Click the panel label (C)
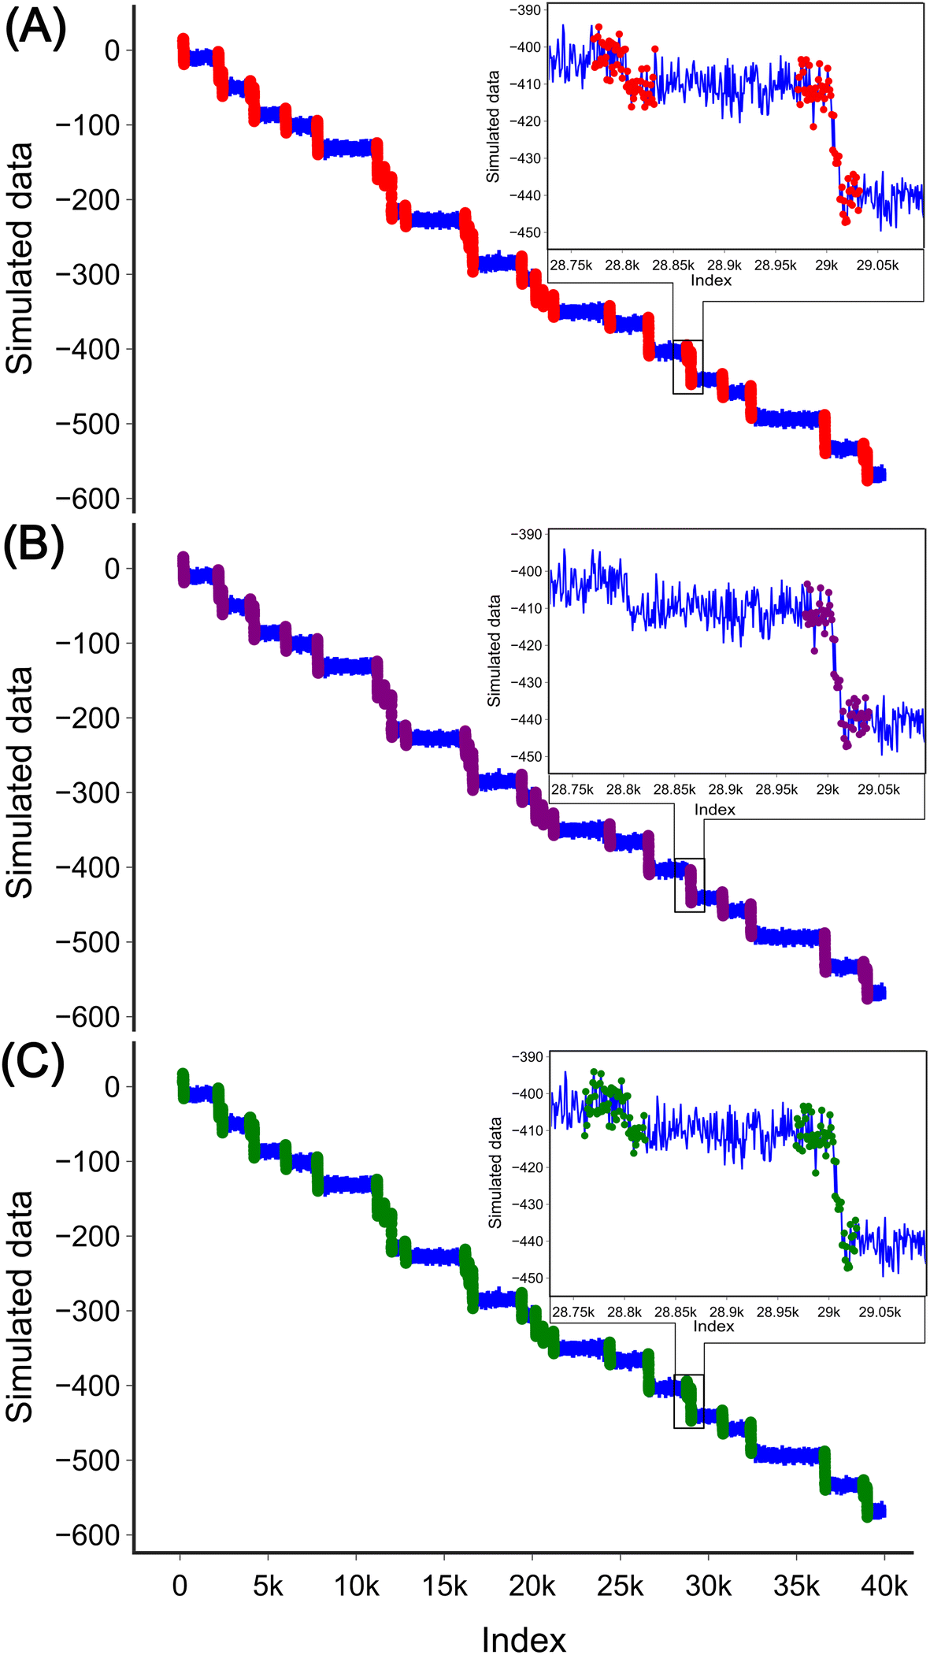(33, 1064)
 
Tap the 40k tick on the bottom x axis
(884, 1585)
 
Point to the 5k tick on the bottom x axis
(268, 1585)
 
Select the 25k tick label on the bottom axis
(620, 1585)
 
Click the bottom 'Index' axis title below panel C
(524, 1640)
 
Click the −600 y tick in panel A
(87, 499)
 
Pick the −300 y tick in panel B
(87, 792)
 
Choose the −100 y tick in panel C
(87, 1161)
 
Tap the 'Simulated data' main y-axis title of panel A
(20, 258)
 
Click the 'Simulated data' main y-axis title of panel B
(20, 781)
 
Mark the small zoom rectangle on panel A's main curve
(687, 367)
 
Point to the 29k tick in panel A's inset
(826, 265)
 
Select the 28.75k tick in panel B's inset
(572, 789)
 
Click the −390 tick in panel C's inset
(528, 1057)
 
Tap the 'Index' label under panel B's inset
(715, 810)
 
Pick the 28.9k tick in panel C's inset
(726, 1312)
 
